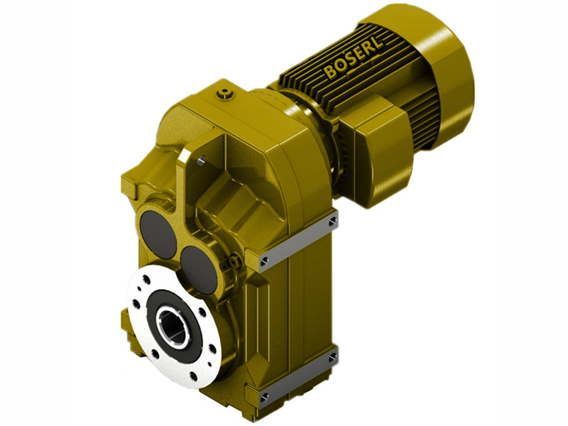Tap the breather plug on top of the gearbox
click(226, 92)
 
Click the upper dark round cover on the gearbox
click(158, 233)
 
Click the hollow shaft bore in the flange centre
click(171, 325)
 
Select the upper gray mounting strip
click(298, 241)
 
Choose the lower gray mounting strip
click(298, 376)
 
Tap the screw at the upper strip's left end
click(265, 261)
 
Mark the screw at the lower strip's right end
click(332, 359)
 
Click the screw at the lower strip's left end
click(265, 395)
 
